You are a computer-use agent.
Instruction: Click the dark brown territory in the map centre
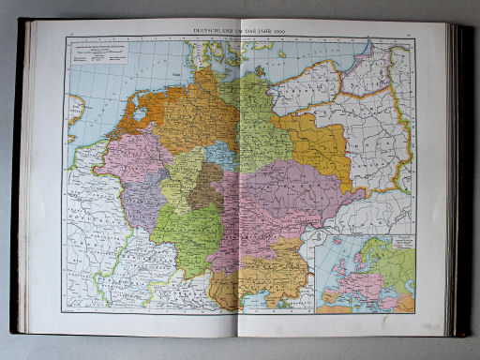[203, 187]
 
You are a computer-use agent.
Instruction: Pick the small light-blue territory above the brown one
[219, 156]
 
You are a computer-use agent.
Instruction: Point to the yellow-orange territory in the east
[319, 145]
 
